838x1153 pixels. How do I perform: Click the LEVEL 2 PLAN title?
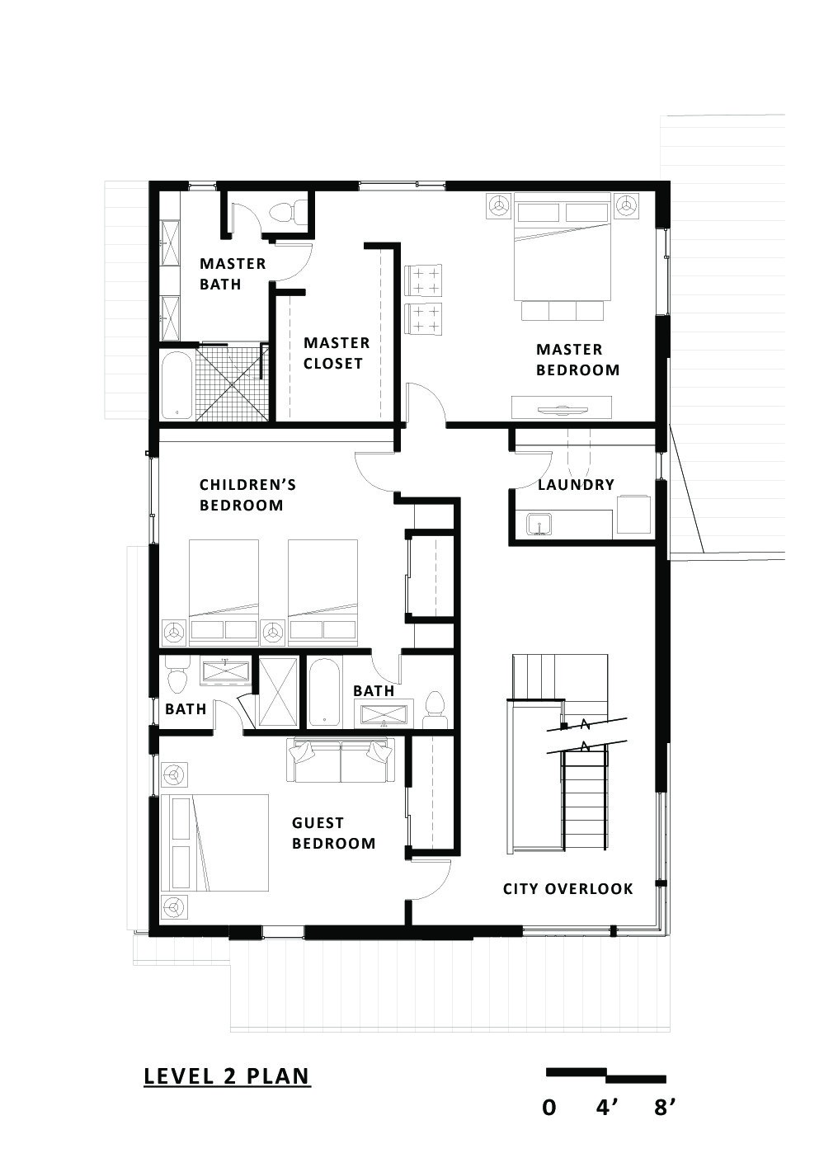[227, 1076]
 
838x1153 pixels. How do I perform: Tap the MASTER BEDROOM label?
[577, 360]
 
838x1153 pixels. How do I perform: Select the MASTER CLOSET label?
[337, 353]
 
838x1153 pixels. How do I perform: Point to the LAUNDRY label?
[576, 484]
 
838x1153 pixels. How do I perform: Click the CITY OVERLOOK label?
[568, 888]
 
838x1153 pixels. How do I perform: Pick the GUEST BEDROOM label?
[333, 833]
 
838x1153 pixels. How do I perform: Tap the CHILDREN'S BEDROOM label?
[247, 494]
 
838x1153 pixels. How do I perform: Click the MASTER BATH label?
[233, 274]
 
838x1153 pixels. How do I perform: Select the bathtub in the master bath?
[177, 385]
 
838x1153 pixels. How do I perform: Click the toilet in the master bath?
[283, 210]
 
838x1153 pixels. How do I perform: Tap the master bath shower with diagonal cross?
[232, 384]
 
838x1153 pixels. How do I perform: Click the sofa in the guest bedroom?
[340, 760]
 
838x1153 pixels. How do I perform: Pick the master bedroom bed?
[563, 247]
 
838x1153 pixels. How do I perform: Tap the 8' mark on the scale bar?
[664, 1107]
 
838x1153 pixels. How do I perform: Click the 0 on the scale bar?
[548, 1107]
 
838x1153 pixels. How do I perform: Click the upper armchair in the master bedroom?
[423, 279]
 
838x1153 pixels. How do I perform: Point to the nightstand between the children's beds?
[273, 633]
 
